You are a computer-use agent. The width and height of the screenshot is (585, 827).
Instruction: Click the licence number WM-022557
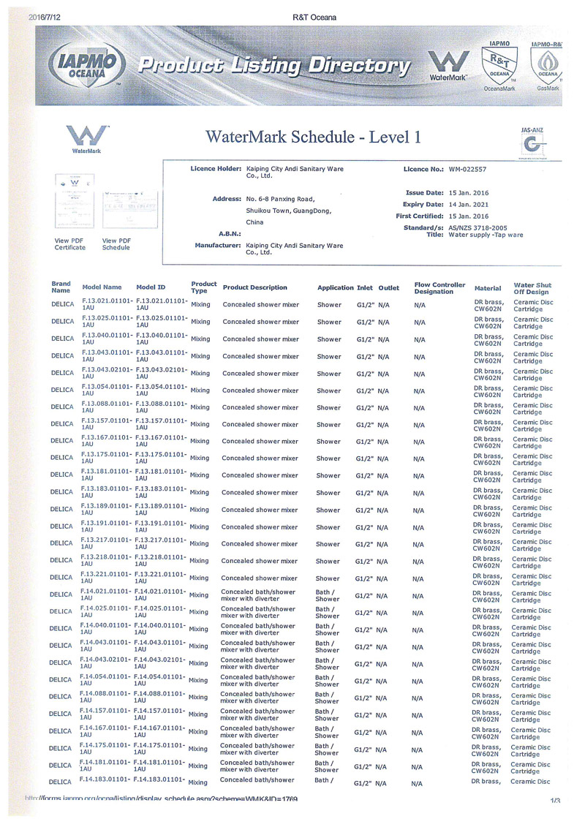(x=467, y=169)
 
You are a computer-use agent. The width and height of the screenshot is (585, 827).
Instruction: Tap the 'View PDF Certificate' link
(x=69, y=243)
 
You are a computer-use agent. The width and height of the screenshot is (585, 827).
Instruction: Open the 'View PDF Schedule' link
(x=116, y=243)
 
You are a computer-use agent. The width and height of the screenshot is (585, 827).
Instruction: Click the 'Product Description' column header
(x=254, y=287)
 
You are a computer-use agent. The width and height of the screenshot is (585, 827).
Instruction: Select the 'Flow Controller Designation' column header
(x=439, y=287)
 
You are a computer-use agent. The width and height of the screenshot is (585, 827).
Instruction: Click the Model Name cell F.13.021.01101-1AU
(x=107, y=304)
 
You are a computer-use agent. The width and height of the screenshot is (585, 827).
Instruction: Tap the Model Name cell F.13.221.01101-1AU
(x=107, y=577)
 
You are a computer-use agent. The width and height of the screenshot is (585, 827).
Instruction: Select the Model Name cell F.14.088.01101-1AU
(x=105, y=696)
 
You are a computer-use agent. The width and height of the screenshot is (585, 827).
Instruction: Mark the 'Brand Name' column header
(x=61, y=287)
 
